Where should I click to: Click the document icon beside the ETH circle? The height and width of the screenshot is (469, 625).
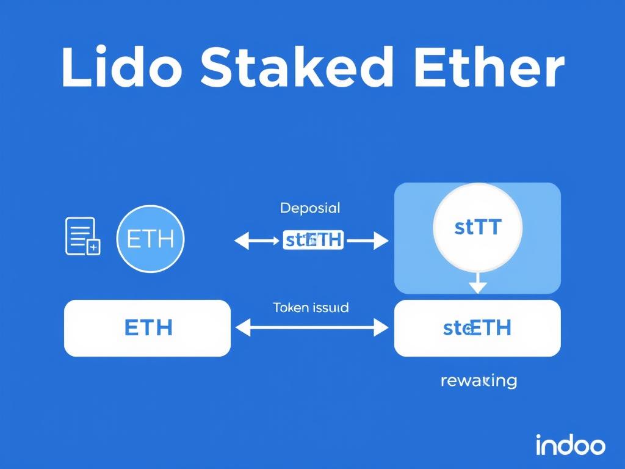click(x=82, y=236)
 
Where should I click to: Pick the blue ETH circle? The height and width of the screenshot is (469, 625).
click(x=150, y=239)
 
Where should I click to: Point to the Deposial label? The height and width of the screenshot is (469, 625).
click(x=310, y=208)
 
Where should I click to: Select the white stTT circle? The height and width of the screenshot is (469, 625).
click(x=477, y=228)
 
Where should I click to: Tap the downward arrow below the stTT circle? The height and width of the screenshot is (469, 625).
click(x=478, y=283)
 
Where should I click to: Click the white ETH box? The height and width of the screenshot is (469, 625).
click(x=147, y=328)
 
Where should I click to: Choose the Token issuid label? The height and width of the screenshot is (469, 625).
click(x=311, y=308)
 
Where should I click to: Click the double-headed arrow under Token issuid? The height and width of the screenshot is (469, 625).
click(x=311, y=329)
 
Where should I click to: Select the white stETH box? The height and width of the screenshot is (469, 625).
click(x=477, y=328)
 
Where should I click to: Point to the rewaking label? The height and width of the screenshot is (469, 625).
click(x=478, y=381)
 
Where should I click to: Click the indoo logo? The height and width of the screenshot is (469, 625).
click(x=570, y=445)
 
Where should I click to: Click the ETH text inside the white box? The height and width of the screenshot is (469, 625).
click(x=148, y=328)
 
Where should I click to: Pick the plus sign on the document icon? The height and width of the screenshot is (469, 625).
click(x=93, y=247)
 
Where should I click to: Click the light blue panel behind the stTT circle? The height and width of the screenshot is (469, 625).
click(x=415, y=269)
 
